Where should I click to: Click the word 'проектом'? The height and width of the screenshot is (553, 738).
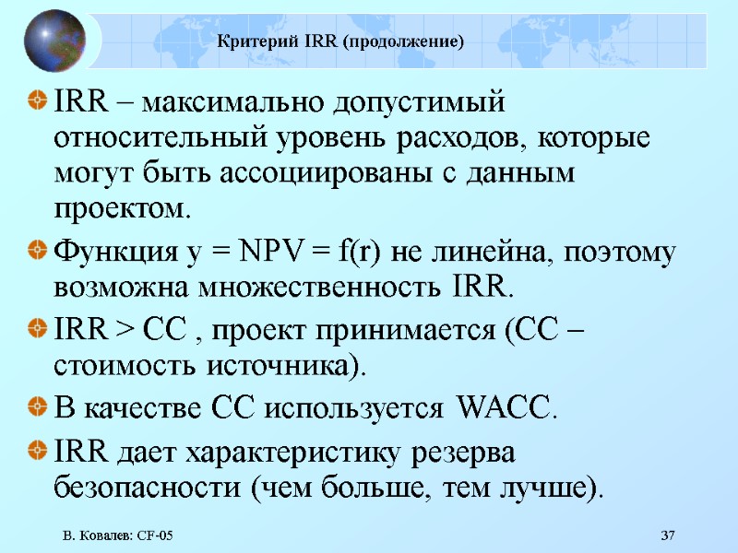(120, 209)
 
